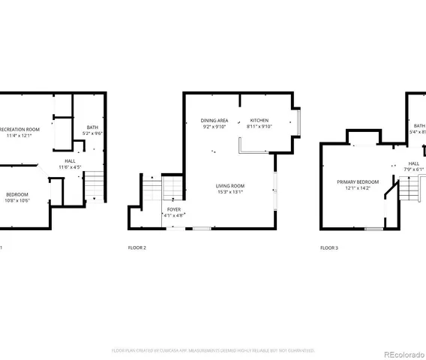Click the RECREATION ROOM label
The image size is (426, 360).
(x=20, y=129)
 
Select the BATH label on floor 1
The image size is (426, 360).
(x=92, y=127)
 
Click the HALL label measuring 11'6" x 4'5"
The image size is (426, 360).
(x=70, y=160)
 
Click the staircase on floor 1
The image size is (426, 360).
(x=94, y=185)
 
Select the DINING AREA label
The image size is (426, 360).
(x=214, y=121)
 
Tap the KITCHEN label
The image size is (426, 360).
(x=259, y=121)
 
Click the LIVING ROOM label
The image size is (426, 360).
(x=229, y=186)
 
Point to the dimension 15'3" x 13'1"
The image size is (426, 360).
(x=229, y=193)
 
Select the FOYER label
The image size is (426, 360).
(x=174, y=209)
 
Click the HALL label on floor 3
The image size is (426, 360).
(x=414, y=163)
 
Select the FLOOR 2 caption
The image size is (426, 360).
(x=136, y=247)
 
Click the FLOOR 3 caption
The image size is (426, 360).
(x=329, y=247)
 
